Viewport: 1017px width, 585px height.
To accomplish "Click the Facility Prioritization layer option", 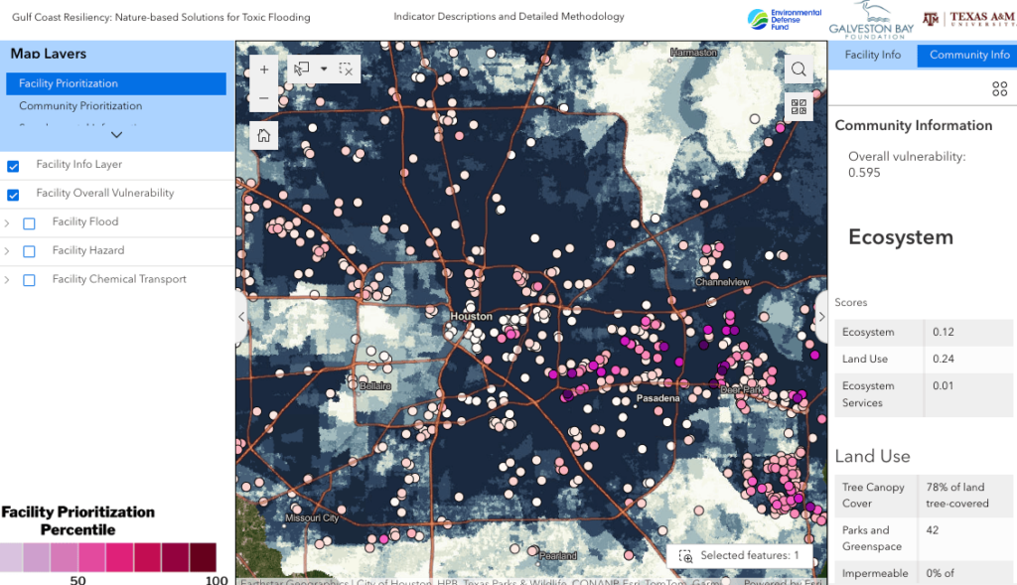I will (69, 83).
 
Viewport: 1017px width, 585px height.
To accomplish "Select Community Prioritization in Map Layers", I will (80, 106).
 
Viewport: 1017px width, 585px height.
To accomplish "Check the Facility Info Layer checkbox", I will (14, 166).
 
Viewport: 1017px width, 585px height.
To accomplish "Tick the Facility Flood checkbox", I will (29, 223).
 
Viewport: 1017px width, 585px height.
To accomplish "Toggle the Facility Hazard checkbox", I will (29, 251).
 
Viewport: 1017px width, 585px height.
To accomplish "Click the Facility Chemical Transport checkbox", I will (29, 280).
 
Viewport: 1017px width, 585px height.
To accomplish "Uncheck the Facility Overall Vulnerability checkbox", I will (14, 195).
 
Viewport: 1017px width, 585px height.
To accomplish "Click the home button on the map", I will (263, 136).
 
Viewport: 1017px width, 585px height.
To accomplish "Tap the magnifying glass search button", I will (798, 69).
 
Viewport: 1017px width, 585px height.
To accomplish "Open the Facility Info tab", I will (872, 55).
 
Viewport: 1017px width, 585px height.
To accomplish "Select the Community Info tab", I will (969, 55).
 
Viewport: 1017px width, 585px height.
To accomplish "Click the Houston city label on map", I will (471, 316).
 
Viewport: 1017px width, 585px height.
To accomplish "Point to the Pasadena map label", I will (657, 398).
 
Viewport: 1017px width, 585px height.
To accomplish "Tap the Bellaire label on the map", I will (374, 385).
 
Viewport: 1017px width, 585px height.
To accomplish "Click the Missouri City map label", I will (312, 518).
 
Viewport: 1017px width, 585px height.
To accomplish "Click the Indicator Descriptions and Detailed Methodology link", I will (508, 17).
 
